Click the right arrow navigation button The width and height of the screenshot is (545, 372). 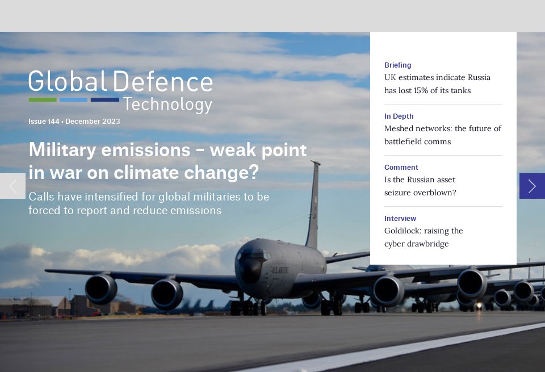coord(532,186)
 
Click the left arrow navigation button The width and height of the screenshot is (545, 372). coord(12,186)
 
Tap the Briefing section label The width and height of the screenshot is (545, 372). coord(397,65)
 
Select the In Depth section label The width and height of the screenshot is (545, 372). coord(399,116)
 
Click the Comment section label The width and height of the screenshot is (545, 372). coord(401,168)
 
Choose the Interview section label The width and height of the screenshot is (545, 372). coord(400,219)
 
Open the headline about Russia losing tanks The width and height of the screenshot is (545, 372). coord(437,84)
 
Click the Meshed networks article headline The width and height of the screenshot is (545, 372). coord(442,135)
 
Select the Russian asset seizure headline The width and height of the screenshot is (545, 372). coord(420,186)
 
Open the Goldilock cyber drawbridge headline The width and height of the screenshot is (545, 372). coord(424,237)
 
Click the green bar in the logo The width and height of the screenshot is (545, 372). coord(43,100)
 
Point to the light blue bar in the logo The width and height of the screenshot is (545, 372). coord(73,100)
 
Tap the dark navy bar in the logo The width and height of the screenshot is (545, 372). coord(104,100)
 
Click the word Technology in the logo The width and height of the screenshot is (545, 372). coord(167,105)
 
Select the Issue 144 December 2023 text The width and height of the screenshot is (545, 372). coord(74,122)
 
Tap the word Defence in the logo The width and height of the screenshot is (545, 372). coord(162,82)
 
